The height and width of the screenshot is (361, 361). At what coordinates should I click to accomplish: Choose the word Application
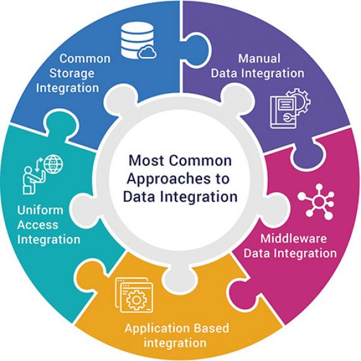(155, 329)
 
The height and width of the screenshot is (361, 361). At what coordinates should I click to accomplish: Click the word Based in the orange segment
(211, 329)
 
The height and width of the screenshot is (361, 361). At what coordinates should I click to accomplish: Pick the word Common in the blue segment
(85, 59)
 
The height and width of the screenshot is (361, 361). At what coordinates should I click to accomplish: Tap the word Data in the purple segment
(224, 73)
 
